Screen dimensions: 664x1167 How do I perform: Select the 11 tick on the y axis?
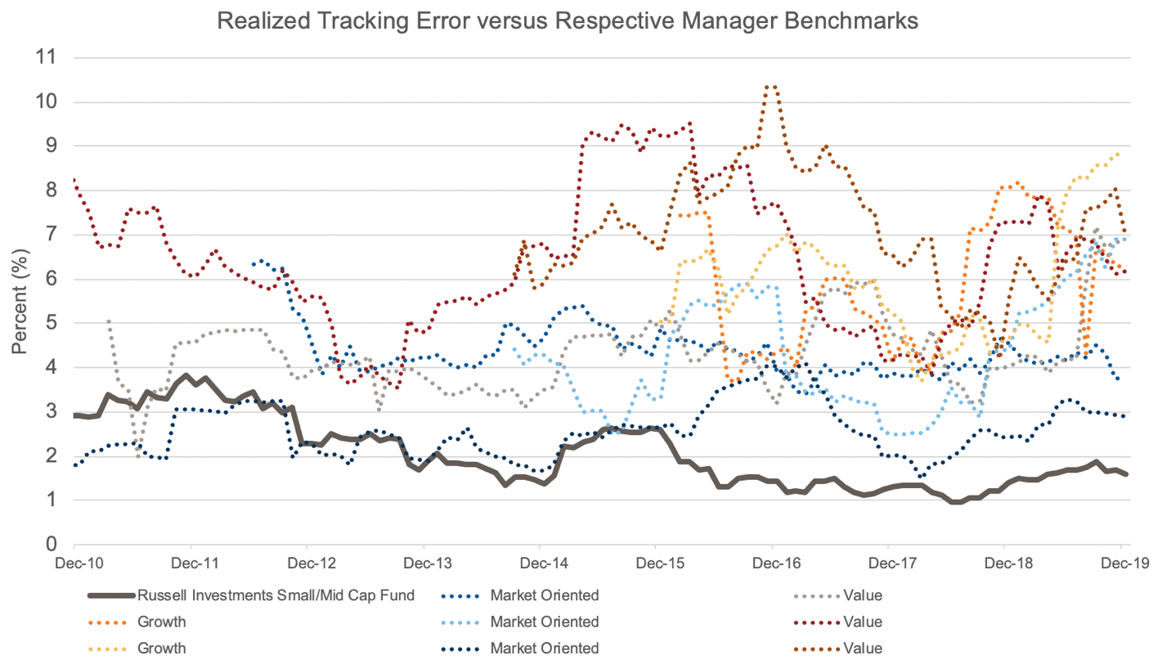48,58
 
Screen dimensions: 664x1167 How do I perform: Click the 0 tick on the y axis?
52,544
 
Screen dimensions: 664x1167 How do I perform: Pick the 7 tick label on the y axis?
52,235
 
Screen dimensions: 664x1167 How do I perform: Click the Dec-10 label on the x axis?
74,564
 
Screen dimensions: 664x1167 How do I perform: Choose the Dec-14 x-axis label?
539,564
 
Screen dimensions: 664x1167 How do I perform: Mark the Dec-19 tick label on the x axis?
1120,564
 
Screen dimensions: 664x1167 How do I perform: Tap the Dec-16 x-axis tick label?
771,564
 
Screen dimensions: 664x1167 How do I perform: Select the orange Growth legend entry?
162,621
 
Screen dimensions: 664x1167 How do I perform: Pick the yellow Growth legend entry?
162,648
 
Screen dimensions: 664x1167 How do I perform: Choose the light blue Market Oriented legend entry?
545,621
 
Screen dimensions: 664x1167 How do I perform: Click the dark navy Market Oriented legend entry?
545,648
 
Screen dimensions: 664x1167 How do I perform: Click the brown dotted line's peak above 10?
770,85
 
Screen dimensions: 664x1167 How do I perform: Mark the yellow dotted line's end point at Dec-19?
1117,154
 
